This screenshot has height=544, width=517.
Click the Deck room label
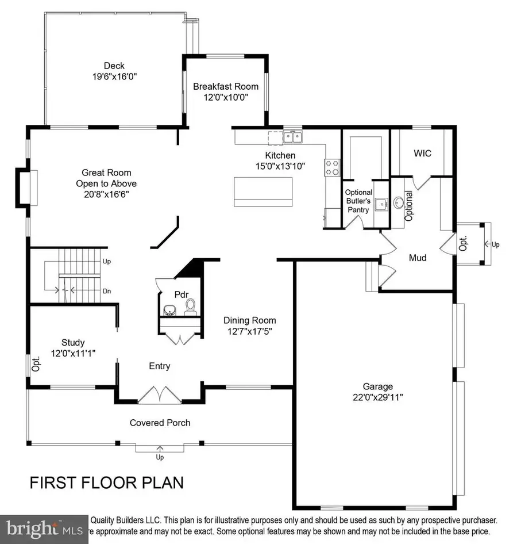click(x=114, y=66)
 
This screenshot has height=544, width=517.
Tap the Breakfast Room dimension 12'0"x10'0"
click(x=225, y=97)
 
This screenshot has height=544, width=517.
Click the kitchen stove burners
click(x=332, y=167)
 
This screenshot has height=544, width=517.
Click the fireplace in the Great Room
click(x=26, y=186)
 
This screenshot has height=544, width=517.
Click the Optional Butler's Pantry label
click(x=358, y=200)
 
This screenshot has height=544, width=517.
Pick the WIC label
click(x=422, y=154)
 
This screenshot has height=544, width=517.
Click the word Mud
click(x=417, y=258)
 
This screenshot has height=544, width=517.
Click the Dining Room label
click(x=249, y=320)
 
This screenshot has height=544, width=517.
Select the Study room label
click(x=73, y=343)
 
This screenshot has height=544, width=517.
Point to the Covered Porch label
click(x=160, y=423)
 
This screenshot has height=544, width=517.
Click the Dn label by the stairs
click(x=106, y=291)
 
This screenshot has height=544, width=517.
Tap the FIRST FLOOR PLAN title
click(x=106, y=482)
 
